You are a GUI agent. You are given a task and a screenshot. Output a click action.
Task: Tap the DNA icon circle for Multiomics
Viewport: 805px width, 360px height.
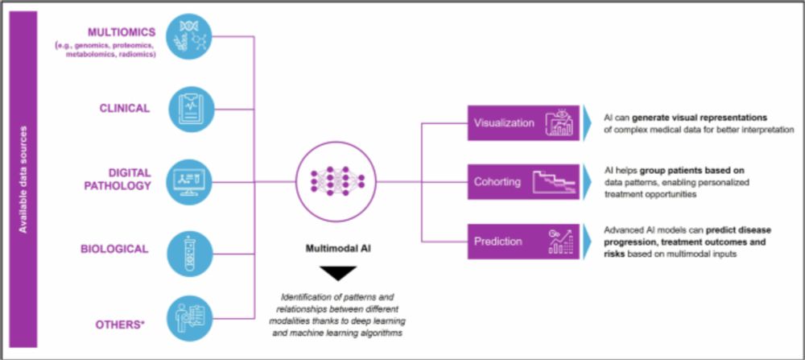(x=191, y=36)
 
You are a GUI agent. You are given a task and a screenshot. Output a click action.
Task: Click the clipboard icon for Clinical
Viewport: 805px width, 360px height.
(x=191, y=109)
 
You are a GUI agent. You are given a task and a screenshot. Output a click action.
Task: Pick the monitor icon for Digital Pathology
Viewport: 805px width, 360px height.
(x=191, y=180)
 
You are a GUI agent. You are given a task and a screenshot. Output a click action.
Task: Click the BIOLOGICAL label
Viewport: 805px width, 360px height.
(x=116, y=249)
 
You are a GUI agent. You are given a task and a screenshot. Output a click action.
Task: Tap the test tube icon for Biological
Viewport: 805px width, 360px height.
(x=191, y=252)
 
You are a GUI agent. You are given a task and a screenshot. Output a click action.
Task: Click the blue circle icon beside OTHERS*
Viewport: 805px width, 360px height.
(x=191, y=318)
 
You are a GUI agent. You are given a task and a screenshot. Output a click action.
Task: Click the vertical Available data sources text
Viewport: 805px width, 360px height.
(x=23, y=179)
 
